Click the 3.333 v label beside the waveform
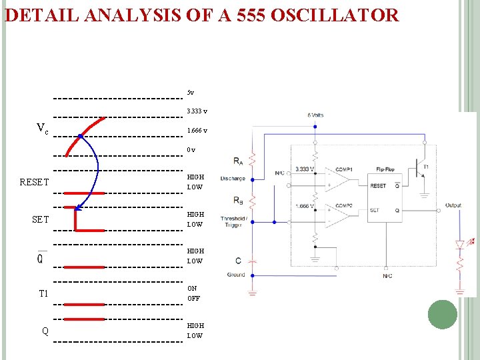pyautogui.click(x=197, y=111)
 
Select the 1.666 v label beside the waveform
pyautogui.click(x=197, y=130)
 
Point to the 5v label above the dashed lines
pyautogui.click(x=191, y=92)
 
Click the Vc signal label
pyautogui.click(x=42, y=128)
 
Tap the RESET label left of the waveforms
pyautogui.click(x=35, y=182)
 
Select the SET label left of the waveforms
pyautogui.click(x=40, y=219)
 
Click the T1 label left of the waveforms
pyautogui.click(x=44, y=293)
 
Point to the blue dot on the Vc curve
pyautogui.click(x=80, y=136)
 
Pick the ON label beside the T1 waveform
pyautogui.click(x=192, y=288)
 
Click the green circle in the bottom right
pyautogui.click(x=443, y=314)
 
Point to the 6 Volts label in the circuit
pyautogui.click(x=315, y=115)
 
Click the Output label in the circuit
pyautogui.click(x=453, y=205)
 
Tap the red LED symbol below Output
pyautogui.click(x=459, y=245)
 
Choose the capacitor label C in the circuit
pyautogui.click(x=239, y=260)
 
